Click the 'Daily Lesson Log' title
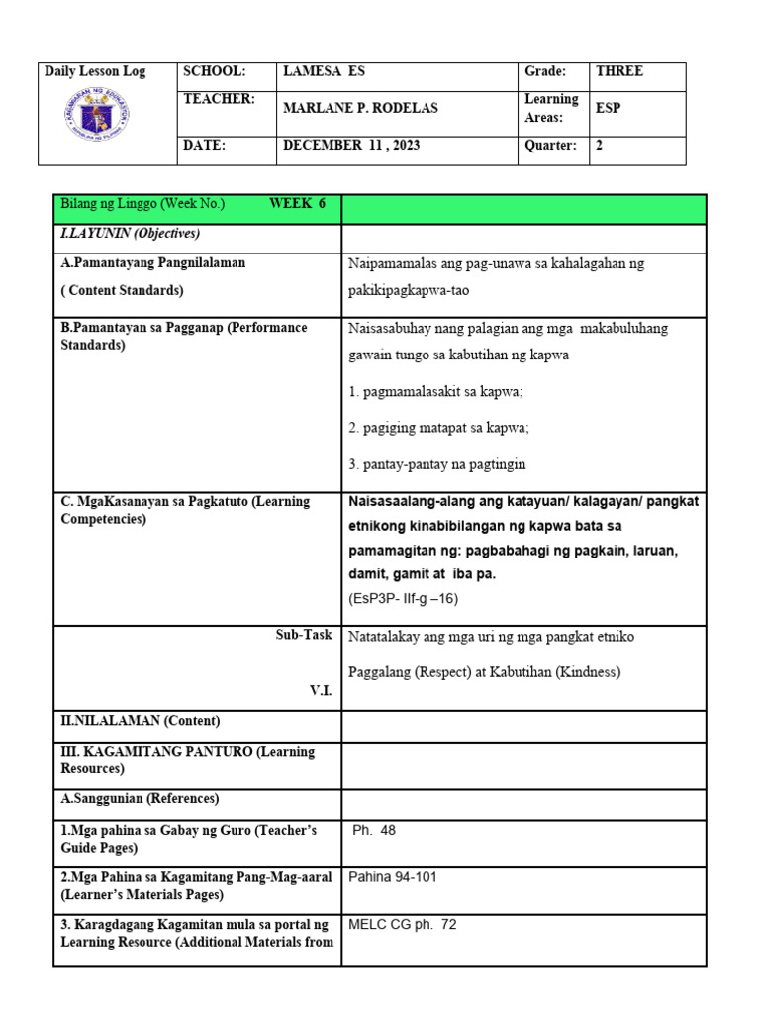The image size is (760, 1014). [x=95, y=72]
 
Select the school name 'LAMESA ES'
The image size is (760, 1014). [x=324, y=71]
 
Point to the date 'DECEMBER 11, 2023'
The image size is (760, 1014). [x=351, y=145]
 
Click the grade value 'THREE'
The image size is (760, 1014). [x=618, y=71]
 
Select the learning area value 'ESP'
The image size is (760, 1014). [x=608, y=108]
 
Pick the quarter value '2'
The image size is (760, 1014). [x=599, y=145]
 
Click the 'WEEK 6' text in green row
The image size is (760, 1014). [x=297, y=204]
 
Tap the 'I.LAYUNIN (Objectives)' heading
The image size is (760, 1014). [x=131, y=234]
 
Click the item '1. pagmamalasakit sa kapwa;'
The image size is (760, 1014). [x=436, y=392]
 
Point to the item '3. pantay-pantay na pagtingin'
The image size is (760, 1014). [x=437, y=464]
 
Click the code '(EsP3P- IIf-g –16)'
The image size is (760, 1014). [x=403, y=598]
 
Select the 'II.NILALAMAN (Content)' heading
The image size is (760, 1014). [x=141, y=721]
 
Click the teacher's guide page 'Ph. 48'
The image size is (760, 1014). [x=374, y=831]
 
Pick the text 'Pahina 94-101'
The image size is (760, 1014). [x=393, y=877]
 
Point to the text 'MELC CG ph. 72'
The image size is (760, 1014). [x=403, y=925]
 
